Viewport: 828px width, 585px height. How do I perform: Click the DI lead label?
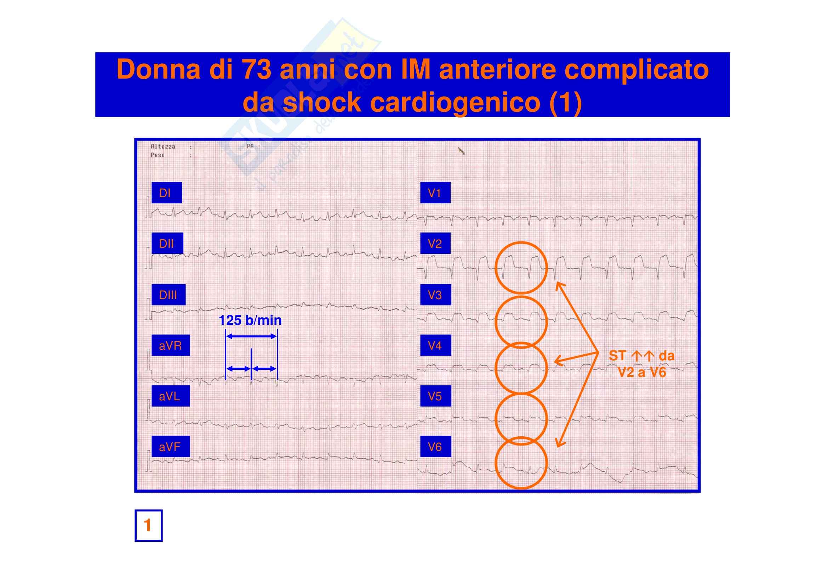[x=166, y=193]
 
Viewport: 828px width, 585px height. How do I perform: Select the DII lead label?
[x=167, y=243]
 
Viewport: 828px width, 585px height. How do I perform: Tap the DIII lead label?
[x=168, y=295]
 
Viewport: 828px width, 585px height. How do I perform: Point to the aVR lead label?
[x=171, y=346]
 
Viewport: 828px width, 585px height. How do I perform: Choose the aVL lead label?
[x=170, y=396]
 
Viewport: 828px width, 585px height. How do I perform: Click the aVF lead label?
[x=170, y=447]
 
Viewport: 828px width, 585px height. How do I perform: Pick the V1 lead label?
[x=435, y=193]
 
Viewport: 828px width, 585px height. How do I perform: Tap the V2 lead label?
[x=435, y=243]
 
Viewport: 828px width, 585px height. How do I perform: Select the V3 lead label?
[x=435, y=295]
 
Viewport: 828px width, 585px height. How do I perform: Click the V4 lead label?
[x=435, y=346]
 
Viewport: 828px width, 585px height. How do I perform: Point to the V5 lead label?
[x=435, y=396]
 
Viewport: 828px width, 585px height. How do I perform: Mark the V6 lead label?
[x=435, y=447]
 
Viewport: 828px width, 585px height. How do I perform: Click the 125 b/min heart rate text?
[x=250, y=320]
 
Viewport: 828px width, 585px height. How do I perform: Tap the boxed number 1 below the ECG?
[x=148, y=525]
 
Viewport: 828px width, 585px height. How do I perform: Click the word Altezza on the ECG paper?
[x=162, y=147]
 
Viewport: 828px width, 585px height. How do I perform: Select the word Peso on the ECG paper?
[x=158, y=155]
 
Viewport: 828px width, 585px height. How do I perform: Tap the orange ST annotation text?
[x=641, y=364]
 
